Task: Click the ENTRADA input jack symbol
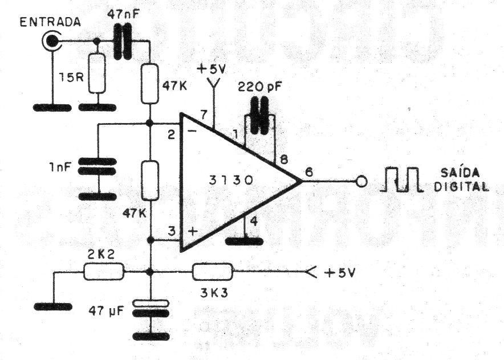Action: coord(51,41)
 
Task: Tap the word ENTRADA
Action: coord(50,22)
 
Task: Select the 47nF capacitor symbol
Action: coord(123,41)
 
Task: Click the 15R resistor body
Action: coord(97,73)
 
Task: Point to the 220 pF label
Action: coord(260,87)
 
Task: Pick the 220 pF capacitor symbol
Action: coord(260,116)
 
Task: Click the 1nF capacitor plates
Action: coord(97,166)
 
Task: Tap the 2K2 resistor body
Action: coord(104,272)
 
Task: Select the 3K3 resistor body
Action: coord(213,272)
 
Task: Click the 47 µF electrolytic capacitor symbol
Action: coord(151,308)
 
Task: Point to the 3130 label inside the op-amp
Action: coord(231,180)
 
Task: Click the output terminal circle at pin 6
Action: coord(361,182)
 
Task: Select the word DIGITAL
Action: coord(462,187)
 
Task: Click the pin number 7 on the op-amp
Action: coord(204,114)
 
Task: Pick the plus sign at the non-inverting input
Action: coord(192,231)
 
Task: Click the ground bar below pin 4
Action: coord(245,242)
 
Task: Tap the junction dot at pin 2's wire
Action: coord(149,123)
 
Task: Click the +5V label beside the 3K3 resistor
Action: coord(340,273)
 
